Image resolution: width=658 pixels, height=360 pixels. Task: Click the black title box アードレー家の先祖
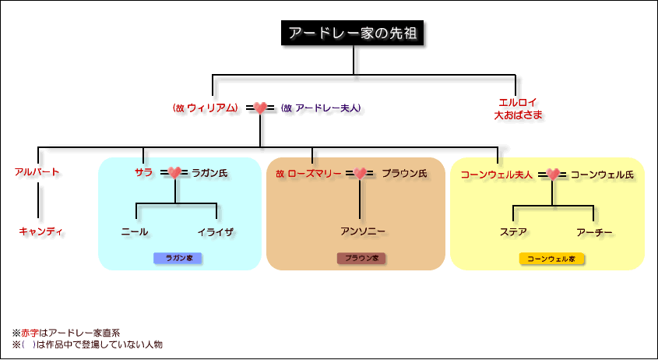point(353,34)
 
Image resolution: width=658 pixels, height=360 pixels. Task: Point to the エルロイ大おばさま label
point(519,108)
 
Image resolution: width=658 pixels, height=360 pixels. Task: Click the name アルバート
point(37,172)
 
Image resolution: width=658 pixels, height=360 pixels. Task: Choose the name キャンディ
point(40,231)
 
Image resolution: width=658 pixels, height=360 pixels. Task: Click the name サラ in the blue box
point(143,172)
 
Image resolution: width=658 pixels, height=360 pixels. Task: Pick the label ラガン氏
point(209,173)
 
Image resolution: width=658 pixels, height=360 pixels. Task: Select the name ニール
point(135,231)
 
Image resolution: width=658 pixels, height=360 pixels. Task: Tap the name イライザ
point(216,231)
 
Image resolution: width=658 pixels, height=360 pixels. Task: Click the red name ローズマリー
point(315,173)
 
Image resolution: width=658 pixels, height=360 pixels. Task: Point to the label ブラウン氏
point(404,173)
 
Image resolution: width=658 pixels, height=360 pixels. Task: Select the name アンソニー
point(363,231)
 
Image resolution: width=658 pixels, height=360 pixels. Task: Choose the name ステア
point(514,231)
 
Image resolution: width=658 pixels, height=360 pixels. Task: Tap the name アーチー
point(595,231)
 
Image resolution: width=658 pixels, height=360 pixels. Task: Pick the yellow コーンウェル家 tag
point(551,258)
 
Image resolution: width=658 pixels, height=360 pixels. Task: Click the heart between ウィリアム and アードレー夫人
point(261,108)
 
